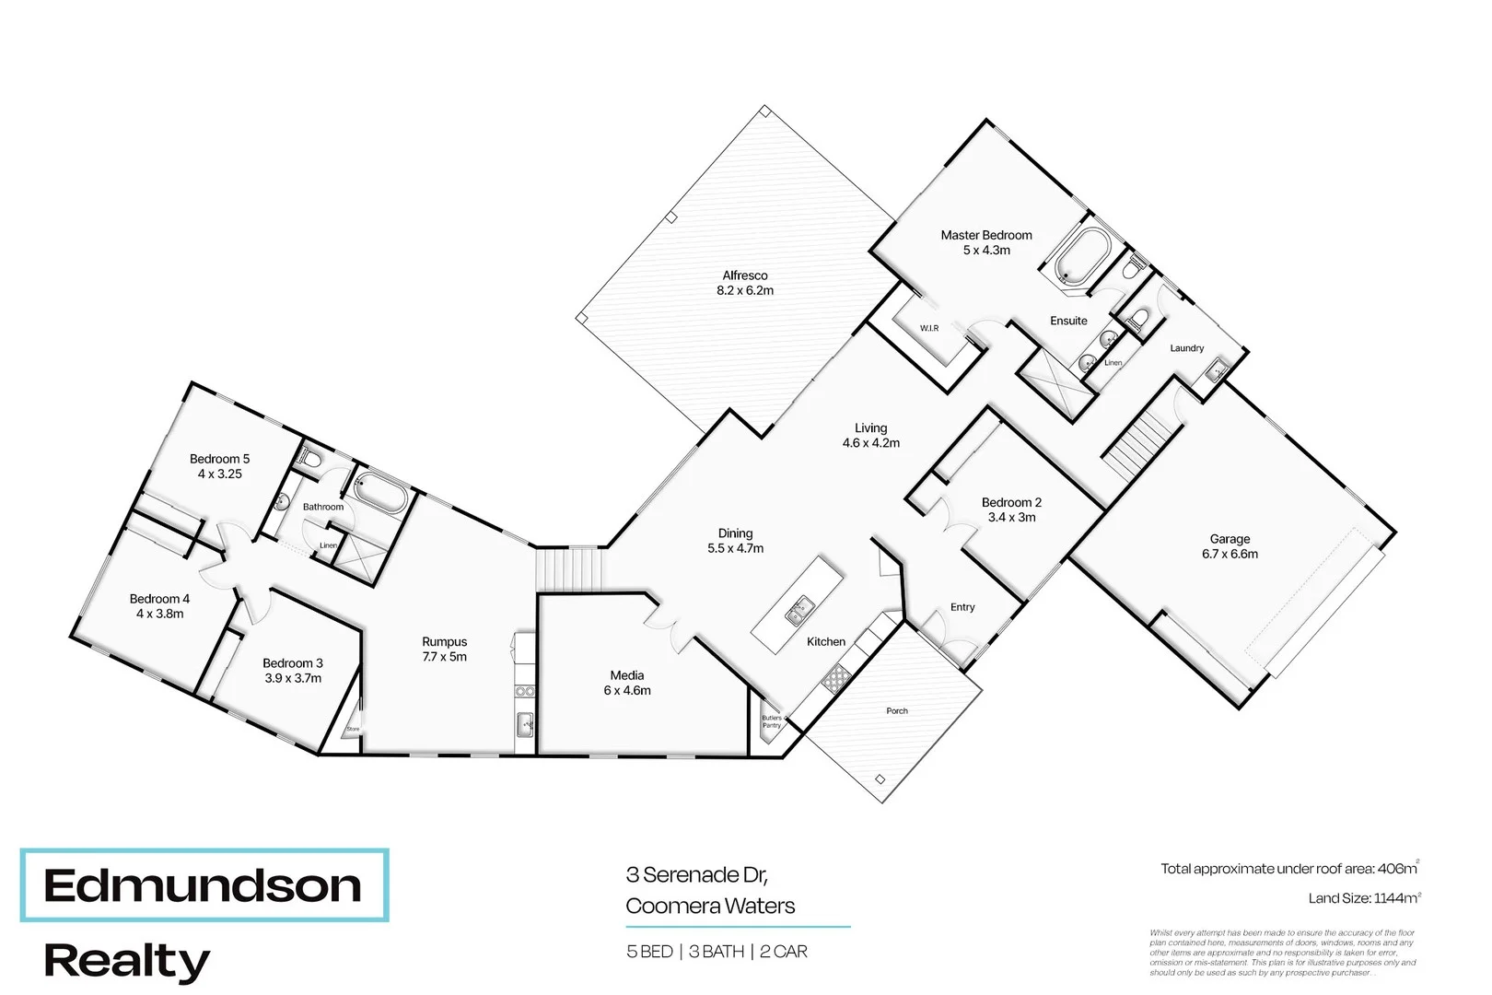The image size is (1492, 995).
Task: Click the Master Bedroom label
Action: pos(985,236)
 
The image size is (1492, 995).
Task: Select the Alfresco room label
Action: pos(745,275)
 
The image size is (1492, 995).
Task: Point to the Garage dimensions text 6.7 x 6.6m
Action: pos(1230,555)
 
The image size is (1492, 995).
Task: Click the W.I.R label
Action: pos(929,328)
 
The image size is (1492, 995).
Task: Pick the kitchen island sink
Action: pos(798,608)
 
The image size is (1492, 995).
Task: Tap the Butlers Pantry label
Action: pos(772,721)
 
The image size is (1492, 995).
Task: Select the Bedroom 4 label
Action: pos(159,599)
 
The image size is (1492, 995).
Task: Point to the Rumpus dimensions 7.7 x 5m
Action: pos(445,657)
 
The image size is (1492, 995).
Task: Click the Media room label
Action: pos(627,675)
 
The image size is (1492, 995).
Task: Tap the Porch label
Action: pos(897,710)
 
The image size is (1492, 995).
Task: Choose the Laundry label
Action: pos(1186,348)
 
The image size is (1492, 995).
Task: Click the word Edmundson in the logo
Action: pos(203,885)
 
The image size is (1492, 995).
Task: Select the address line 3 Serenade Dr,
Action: pos(697,874)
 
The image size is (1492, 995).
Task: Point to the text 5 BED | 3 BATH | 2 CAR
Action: pos(717,952)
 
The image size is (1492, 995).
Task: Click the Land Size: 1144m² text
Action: pos(1364,898)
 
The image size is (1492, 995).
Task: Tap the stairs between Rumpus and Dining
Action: pos(571,568)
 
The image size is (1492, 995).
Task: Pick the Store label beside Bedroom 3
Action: pos(353,729)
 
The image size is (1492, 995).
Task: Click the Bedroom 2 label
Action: pos(1011,502)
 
